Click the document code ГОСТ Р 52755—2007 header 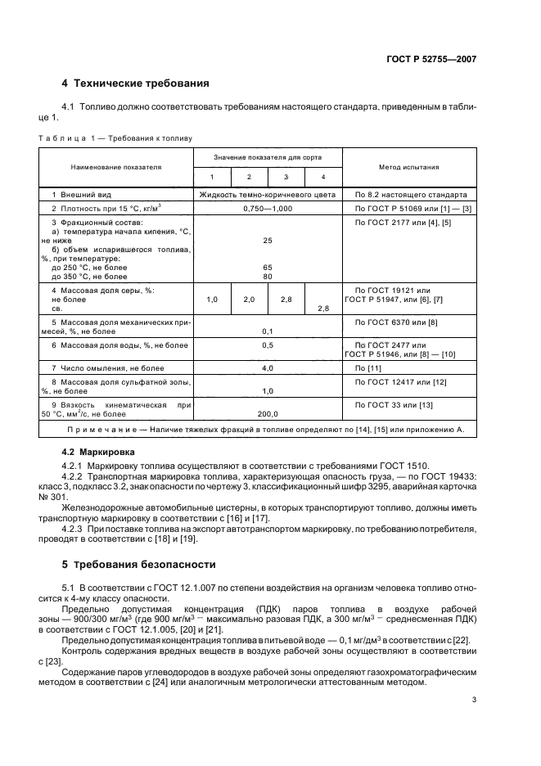click(x=431, y=59)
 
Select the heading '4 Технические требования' click(x=136, y=83)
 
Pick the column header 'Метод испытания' click(x=408, y=167)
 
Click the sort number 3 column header click(x=286, y=178)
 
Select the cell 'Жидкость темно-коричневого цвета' click(x=267, y=196)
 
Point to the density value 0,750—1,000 click(x=267, y=210)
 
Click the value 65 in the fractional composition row click(x=268, y=268)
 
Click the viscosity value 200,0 click(x=268, y=414)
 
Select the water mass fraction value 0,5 click(x=268, y=345)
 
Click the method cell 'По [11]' click(x=369, y=368)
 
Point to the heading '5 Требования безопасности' click(x=139, y=565)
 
